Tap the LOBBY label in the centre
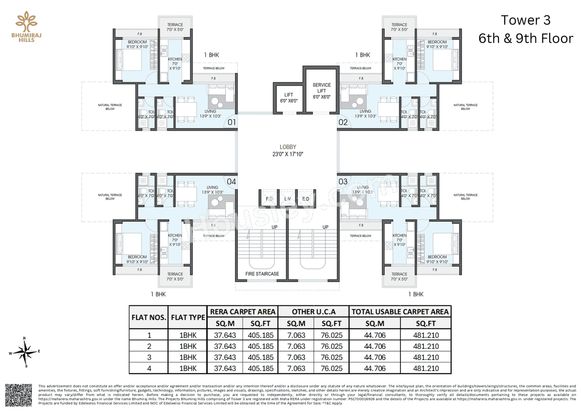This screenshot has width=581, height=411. pyautogui.click(x=288, y=147)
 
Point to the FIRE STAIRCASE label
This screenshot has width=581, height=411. pyautogui.click(x=262, y=274)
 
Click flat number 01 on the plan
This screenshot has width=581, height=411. pyautogui.click(x=231, y=122)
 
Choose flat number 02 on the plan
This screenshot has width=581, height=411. pyautogui.click(x=343, y=122)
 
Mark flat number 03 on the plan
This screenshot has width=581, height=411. pyautogui.click(x=343, y=181)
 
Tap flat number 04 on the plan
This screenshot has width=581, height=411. pyautogui.click(x=231, y=181)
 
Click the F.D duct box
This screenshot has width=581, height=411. pyautogui.click(x=269, y=199)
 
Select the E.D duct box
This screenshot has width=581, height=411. pyautogui.click(x=305, y=199)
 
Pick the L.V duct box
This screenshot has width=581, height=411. pyautogui.click(x=287, y=199)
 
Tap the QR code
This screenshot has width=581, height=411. pyautogui.click(x=18, y=395)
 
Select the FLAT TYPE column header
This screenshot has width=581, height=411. pyautogui.click(x=187, y=317)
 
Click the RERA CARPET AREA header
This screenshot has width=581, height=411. pyautogui.click(x=242, y=312)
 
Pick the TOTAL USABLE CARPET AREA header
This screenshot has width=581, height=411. pyautogui.click(x=399, y=312)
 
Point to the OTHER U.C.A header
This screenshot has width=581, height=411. pyautogui.click(x=314, y=312)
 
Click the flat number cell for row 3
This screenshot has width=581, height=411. pyautogui.click(x=149, y=357)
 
